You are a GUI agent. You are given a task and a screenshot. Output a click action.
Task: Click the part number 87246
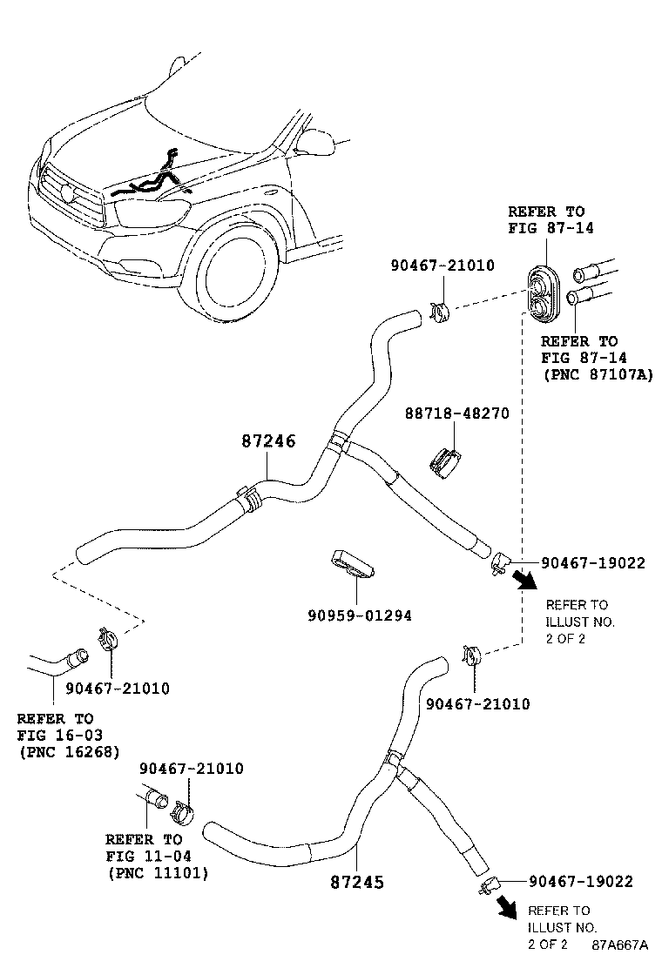pyautogui.click(x=268, y=440)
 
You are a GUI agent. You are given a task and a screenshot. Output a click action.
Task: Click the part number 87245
pyautogui.click(x=357, y=882)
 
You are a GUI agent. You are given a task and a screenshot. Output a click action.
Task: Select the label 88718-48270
pyautogui.click(x=457, y=413)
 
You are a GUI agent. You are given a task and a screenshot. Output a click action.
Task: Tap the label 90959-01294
pyautogui.click(x=360, y=615)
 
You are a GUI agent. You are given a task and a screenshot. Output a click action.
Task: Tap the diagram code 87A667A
pyautogui.click(x=619, y=944)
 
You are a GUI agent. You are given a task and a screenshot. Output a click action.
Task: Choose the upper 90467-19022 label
pyautogui.click(x=593, y=562)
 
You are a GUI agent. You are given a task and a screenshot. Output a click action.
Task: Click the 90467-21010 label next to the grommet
pyautogui.click(x=442, y=266)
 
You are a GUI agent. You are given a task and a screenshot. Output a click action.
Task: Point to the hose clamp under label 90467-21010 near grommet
pyautogui.click(x=439, y=313)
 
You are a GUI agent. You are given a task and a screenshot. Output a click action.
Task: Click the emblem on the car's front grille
pyautogui.click(x=67, y=192)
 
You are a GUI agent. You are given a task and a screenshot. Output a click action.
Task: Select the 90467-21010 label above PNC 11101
pyautogui.click(x=192, y=769)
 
